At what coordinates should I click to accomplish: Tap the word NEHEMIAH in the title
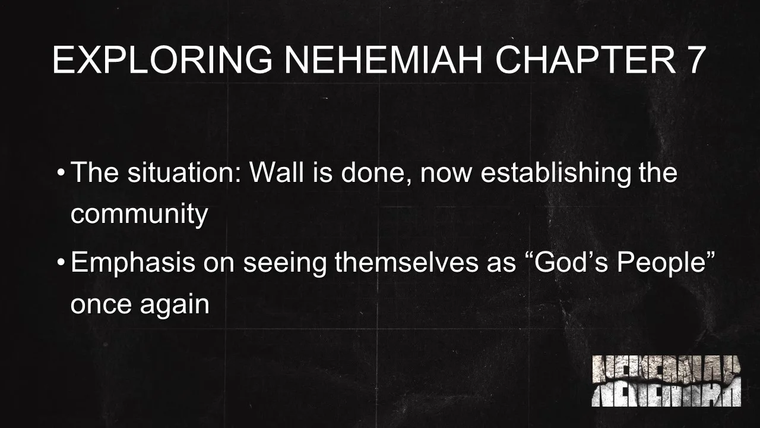click(x=384, y=60)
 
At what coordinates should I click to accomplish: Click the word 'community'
click(x=139, y=214)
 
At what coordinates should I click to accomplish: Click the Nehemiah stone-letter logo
click(x=666, y=380)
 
